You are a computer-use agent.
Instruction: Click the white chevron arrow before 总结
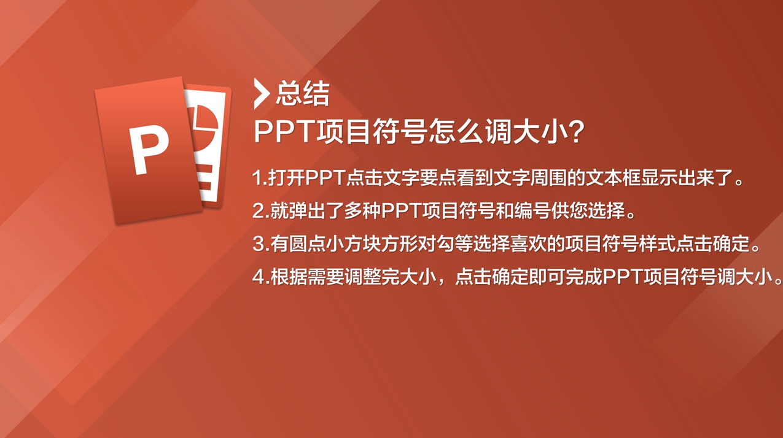(x=262, y=94)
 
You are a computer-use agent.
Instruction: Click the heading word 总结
(x=302, y=94)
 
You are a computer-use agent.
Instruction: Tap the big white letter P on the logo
(x=149, y=149)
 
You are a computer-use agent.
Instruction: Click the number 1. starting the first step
(x=259, y=179)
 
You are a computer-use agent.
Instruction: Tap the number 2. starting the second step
(x=259, y=211)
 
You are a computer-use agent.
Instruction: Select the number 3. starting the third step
(x=259, y=244)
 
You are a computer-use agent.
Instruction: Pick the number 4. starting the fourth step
(x=260, y=277)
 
